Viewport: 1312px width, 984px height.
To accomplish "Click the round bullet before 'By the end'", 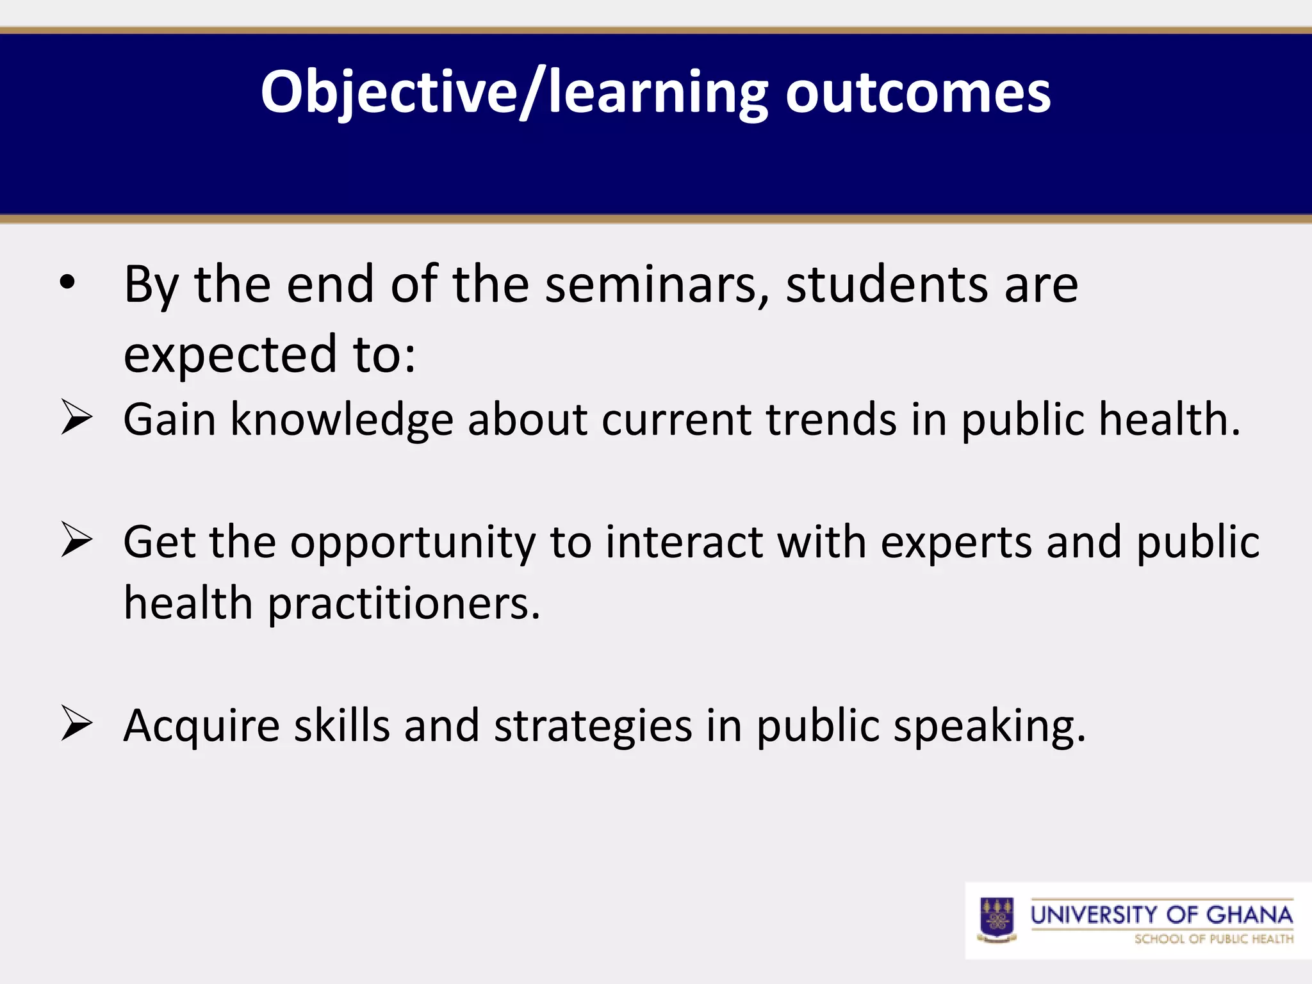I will pos(67,283).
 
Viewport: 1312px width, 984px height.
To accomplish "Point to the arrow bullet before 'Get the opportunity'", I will pos(77,539).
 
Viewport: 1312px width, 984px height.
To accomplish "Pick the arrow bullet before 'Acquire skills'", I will pos(77,724).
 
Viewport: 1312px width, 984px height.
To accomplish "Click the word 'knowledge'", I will pos(342,420).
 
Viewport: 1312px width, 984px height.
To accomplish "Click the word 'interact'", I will pos(684,542).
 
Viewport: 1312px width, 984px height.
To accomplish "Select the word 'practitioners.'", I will pos(404,604).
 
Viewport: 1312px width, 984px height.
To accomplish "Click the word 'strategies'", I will pos(593,726).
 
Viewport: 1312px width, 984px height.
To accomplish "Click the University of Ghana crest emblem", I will pos(997,920).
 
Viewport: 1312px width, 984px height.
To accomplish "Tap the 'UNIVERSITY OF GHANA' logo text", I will pos(1161,914).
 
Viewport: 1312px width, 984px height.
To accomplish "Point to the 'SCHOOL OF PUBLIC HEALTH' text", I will pos(1213,939).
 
